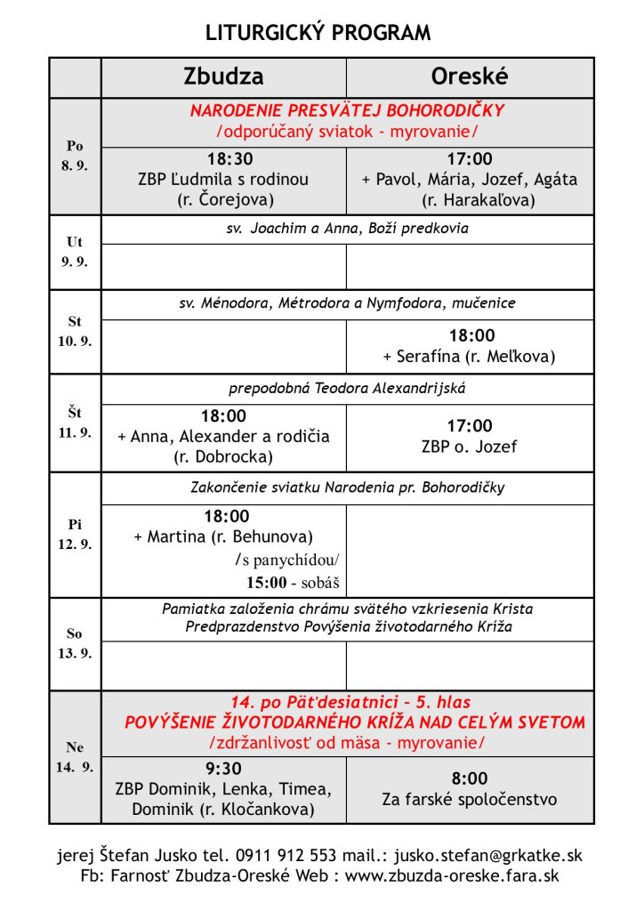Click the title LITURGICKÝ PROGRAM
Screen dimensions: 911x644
point(318,34)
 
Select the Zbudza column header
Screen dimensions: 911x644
point(223,77)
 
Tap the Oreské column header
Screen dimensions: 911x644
point(469,77)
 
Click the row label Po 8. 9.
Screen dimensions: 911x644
point(75,156)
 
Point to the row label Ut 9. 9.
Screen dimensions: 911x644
point(75,252)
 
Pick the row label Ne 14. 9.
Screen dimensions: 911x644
point(75,756)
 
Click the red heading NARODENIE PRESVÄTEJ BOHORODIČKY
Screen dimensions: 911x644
point(347,111)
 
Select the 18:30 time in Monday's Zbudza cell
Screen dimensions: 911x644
point(230,159)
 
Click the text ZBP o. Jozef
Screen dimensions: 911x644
point(469,447)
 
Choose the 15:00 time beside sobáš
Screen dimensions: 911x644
point(266,584)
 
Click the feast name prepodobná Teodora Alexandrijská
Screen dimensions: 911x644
point(348,389)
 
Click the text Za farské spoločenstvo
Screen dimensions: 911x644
point(470,799)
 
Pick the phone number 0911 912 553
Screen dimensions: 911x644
point(286,856)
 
